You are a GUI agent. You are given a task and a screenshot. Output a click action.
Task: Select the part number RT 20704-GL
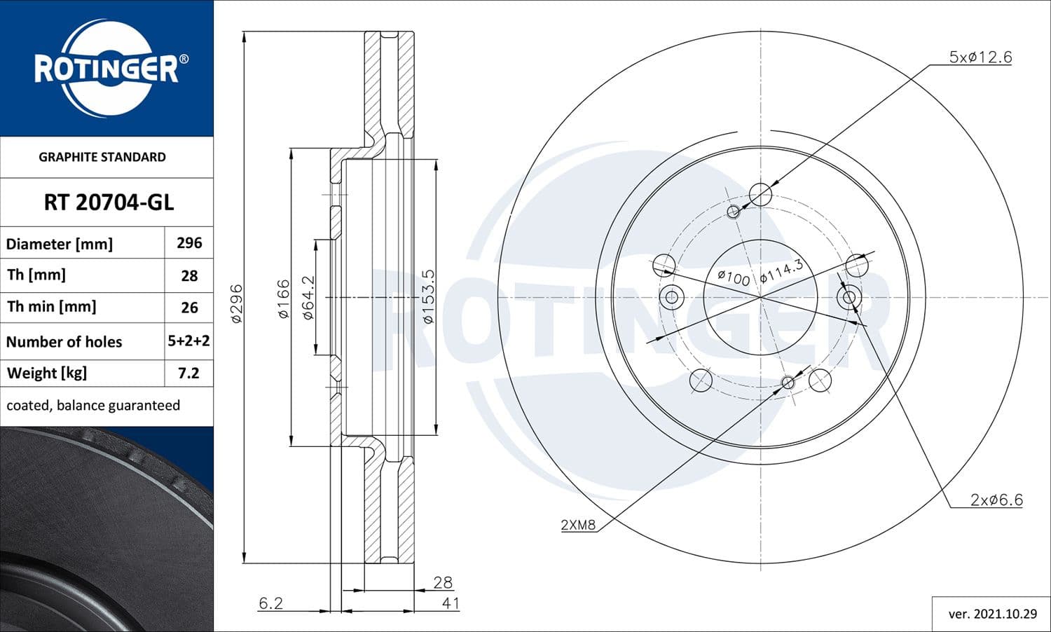[109, 202]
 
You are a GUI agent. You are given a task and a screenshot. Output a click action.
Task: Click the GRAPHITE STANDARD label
[102, 157]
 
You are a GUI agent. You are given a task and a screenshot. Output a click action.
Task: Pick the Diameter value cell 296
[189, 243]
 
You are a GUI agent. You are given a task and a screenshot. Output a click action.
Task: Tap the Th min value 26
[189, 308]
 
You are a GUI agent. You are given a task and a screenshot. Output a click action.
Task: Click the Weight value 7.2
[189, 373]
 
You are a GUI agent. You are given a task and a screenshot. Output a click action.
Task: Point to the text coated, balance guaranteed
[93, 406]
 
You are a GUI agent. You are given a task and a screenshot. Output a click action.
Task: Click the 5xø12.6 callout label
[980, 57]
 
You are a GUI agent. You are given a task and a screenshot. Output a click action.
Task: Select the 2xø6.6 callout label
[996, 500]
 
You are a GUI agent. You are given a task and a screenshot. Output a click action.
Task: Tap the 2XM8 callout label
[578, 525]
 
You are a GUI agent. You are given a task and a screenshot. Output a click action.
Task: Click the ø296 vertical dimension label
[236, 303]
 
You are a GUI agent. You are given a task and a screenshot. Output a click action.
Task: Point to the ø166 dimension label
[283, 299]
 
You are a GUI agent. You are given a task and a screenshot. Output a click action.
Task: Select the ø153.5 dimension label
[428, 296]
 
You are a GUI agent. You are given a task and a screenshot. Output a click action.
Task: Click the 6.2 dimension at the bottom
[270, 603]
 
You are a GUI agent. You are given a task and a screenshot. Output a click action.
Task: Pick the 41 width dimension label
[450, 603]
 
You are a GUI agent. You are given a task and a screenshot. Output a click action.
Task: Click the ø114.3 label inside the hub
[781, 270]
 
